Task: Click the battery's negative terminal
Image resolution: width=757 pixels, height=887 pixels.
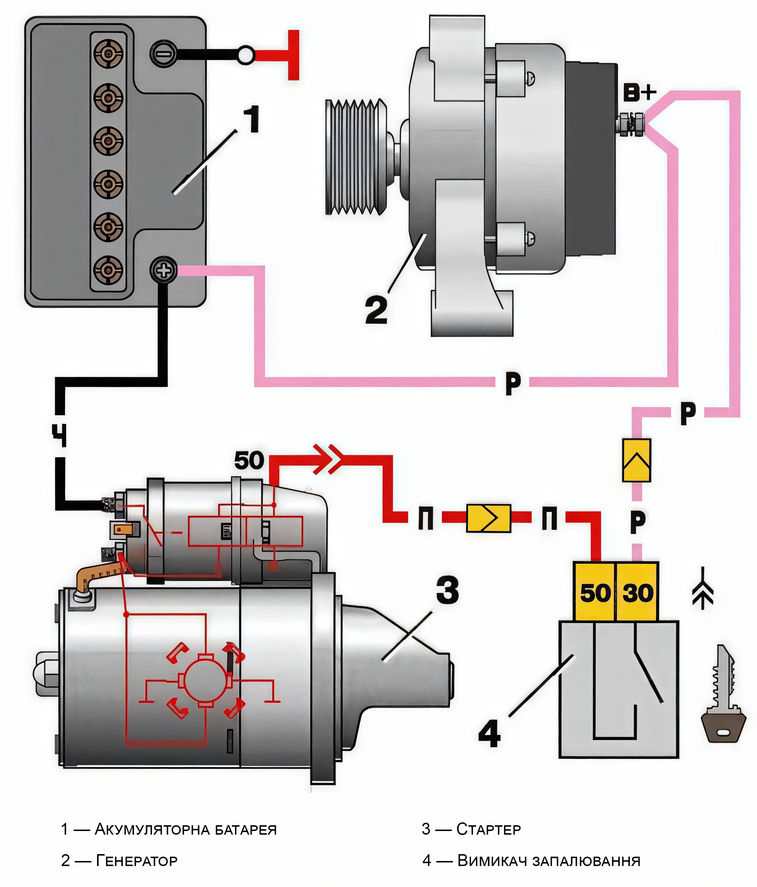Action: tap(163, 53)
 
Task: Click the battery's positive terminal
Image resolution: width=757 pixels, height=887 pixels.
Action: tap(163, 270)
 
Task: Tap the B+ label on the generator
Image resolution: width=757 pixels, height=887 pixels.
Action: tap(639, 93)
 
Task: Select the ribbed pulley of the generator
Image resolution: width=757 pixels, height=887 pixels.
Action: tap(356, 157)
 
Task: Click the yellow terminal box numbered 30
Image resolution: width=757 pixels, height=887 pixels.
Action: tap(637, 592)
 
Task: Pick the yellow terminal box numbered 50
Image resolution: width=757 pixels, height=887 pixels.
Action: tap(595, 592)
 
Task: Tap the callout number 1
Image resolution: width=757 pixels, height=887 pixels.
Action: tap(252, 119)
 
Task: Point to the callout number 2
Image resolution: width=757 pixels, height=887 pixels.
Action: tap(376, 309)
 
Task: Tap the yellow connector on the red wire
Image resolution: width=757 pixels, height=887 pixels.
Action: tap(489, 518)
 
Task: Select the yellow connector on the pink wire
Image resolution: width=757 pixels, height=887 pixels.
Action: tap(636, 460)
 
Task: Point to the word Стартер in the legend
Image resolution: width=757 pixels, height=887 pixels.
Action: tap(489, 829)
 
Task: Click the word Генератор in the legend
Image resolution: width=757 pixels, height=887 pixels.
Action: tap(137, 861)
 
